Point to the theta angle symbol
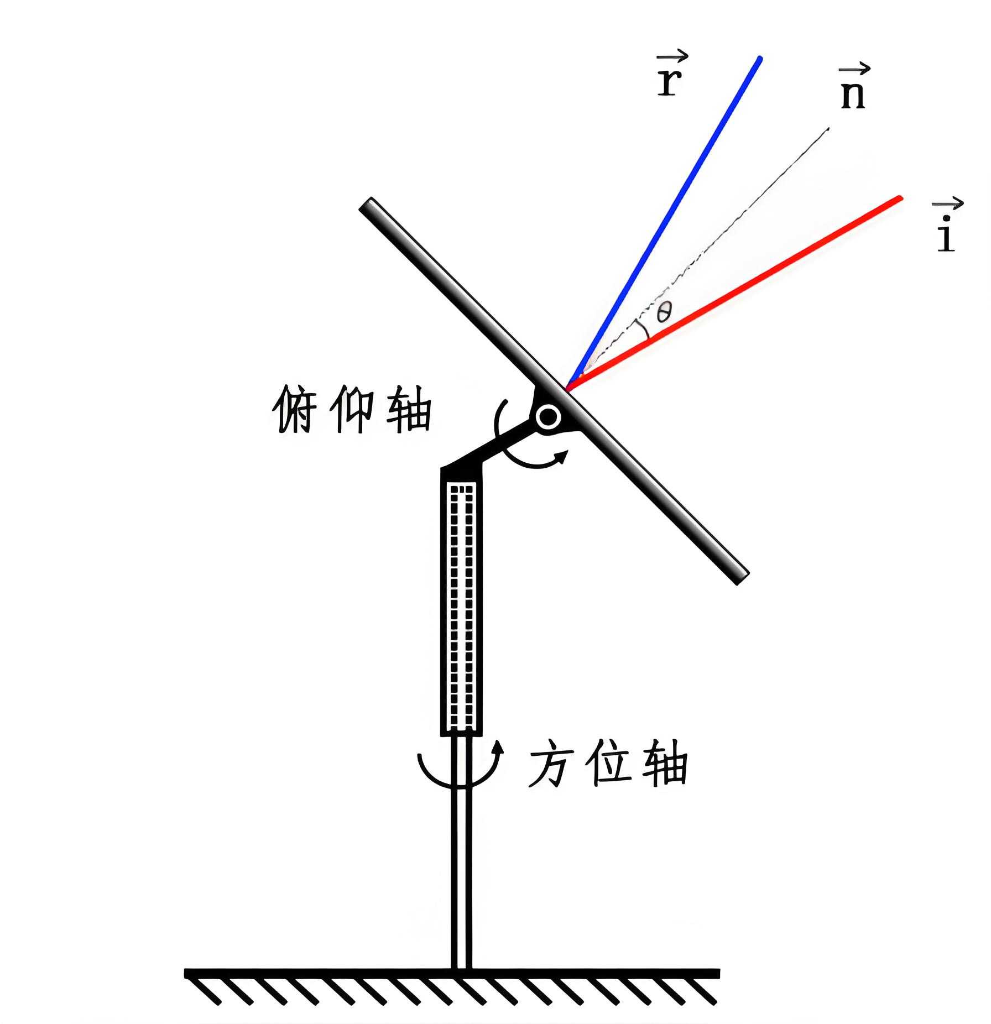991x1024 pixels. pyautogui.click(x=664, y=313)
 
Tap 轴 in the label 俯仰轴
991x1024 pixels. pyautogui.click(x=408, y=409)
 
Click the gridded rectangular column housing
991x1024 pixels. pyautogui.click(x=461, y=608)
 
